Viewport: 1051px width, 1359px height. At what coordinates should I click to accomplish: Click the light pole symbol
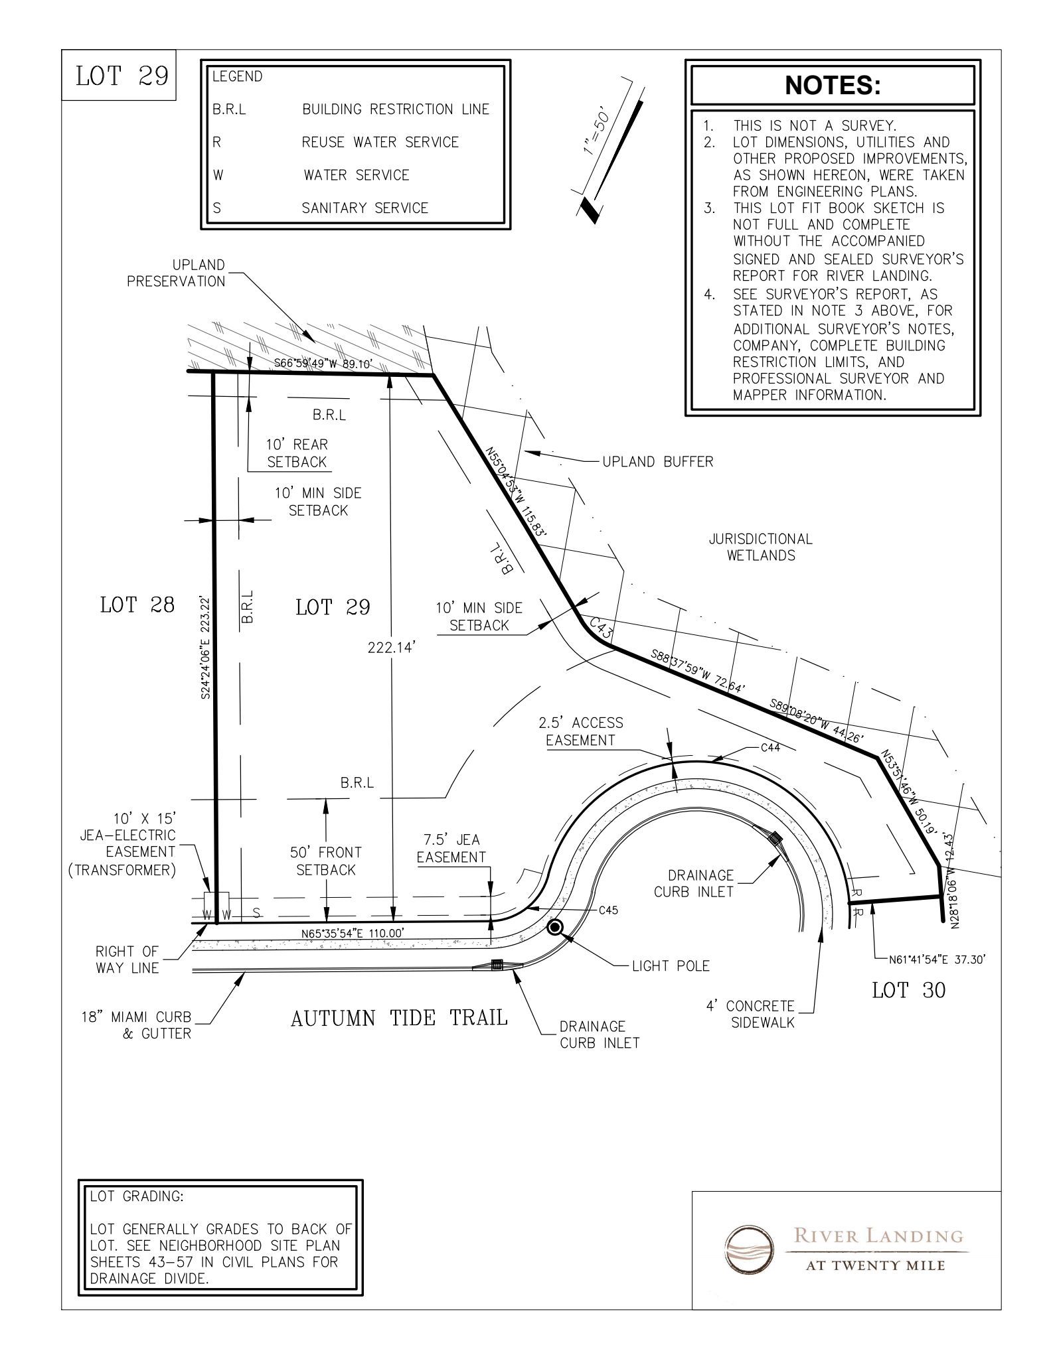(x=555, y=927)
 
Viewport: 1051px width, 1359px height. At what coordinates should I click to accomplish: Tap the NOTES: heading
(x=833, y=85)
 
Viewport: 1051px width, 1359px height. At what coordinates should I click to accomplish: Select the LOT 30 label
(x=908, y=991)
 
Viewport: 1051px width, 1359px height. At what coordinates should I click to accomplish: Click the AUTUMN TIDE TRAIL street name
(x=399, y=1018)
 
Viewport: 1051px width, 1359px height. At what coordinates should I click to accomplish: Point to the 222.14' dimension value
(x=392, y=648)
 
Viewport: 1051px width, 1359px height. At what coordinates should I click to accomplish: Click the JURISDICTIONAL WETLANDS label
(x=760, y=547)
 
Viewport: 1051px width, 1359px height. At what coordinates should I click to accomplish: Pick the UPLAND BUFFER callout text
(x=657, y=462)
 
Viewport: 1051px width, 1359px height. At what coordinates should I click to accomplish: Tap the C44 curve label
(x=770, y=748)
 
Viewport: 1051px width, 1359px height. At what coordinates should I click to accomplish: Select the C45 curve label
(x=609, y=910)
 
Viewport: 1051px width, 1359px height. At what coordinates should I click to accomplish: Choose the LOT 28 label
(x=137, y=605)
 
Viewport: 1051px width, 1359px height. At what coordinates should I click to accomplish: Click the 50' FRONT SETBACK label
(x=326, y=861)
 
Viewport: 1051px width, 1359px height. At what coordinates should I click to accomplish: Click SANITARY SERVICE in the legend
(x=365, y=208)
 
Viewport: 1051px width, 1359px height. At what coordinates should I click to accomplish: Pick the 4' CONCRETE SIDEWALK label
(x=762, y=1015)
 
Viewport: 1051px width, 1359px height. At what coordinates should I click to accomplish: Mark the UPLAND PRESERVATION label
(x=176, y=273)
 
